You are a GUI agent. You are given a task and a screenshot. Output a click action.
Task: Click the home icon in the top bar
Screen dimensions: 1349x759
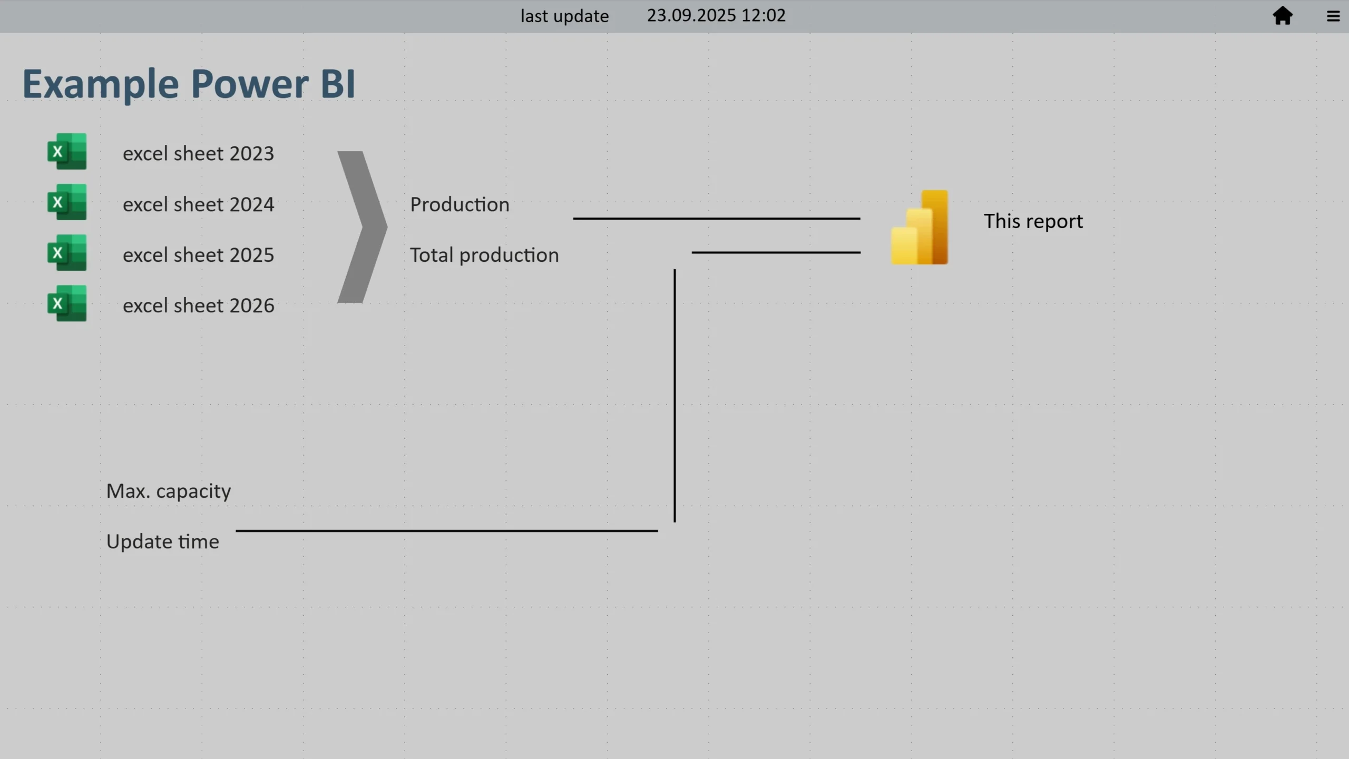[x=1283, y=16]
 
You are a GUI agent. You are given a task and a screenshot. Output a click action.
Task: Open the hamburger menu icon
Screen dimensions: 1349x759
[x=1333, y=16]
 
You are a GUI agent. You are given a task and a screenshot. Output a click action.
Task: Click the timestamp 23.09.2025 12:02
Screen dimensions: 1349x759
[x=716, y=15]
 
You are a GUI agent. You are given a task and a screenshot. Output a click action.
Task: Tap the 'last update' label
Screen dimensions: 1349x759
[x=564, y=16]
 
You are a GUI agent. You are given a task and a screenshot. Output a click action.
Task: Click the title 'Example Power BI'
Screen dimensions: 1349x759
[x=189, y=83]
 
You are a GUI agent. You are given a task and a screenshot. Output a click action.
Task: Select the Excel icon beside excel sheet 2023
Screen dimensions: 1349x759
[x=67, y=151]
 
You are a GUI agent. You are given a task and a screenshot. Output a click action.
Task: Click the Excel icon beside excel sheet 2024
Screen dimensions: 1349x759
[x=67, y=202]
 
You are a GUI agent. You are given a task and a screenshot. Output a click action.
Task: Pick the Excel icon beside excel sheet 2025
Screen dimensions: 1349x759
[x=67, y=252]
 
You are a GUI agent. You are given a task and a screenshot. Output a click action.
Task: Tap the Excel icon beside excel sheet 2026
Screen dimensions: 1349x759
[x=67, y=303]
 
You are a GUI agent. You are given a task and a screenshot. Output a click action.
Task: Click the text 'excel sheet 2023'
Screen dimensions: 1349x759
[x=199, y=153]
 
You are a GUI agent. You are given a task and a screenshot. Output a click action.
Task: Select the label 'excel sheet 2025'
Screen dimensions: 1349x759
[x=199, y=255]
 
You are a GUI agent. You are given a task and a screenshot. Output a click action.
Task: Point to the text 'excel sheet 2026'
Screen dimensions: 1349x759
[x=199, y=305]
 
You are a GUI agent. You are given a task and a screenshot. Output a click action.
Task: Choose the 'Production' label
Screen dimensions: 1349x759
[x=460, y=204]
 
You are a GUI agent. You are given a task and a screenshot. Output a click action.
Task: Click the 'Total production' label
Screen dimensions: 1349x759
[x=484, y=255]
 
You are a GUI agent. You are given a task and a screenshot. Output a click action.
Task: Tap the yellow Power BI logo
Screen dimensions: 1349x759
[x=920, y=227]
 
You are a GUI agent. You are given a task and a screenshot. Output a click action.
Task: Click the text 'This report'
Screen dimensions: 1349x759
[x=1033, y=221]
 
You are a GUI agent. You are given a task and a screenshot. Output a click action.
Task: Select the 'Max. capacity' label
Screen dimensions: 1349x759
[x=169, y=491]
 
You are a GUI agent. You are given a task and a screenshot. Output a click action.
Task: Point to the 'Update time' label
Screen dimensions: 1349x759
[x=163, y=541]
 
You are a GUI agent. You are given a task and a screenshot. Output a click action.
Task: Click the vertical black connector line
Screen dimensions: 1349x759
[x=674, y=396]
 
